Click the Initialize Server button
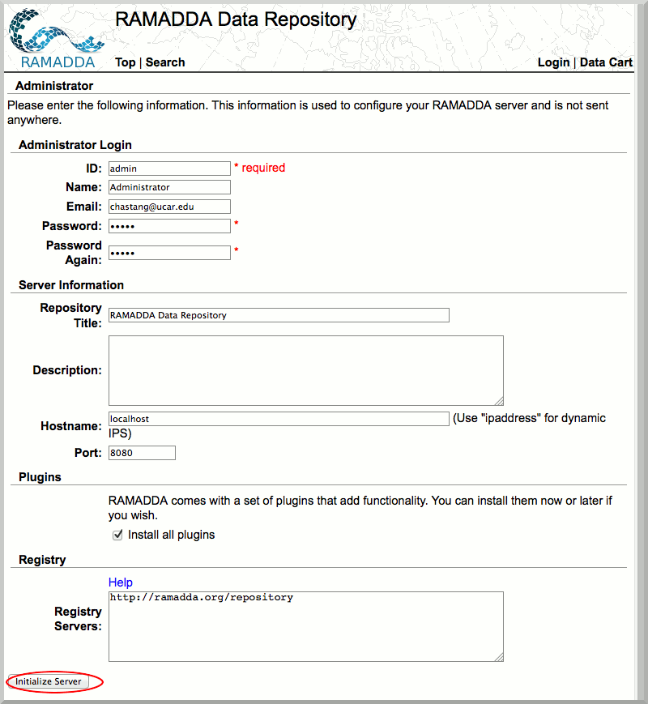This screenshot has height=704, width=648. pos(49,681)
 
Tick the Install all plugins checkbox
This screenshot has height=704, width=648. pos(117,535)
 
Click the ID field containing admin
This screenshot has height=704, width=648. pos(169,169)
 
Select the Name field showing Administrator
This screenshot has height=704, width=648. pos(169,187)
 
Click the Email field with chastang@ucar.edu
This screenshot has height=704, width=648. pos(169,207)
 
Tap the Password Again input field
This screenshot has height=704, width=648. pos(169,253)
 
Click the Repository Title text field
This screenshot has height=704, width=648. pos(279,315)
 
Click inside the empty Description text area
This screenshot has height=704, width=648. pos(305,370)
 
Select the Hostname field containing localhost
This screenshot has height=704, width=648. pos(279,419)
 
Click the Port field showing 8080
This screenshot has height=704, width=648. pos(142,453)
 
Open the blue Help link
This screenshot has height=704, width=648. pos(121,582)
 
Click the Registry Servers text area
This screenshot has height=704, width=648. pos(305,626)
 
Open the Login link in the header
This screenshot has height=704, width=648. pos(553,62)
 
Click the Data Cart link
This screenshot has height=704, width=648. pos(606,62)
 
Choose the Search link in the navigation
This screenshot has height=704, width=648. pos(165,62)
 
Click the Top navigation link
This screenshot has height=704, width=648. pos(125,62)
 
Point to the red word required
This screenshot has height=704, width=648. pos(263,168)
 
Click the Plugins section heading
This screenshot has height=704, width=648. pos(40,477)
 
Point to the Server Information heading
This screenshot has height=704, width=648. pos(71,285)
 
